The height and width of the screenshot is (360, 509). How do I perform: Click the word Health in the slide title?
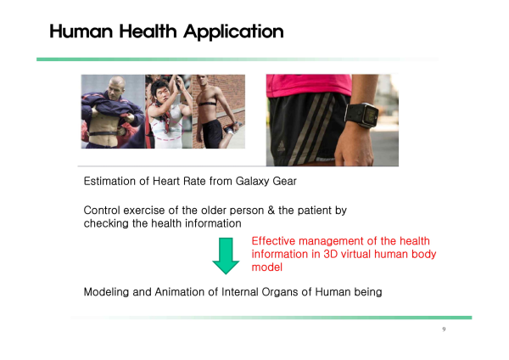click(148, 31)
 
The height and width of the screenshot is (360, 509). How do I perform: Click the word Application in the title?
click(233, 32)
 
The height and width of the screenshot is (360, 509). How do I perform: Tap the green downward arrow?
click(226, 256)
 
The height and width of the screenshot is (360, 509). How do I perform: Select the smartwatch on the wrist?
click(362, 115)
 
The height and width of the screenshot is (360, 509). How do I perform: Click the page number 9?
click(444, 329)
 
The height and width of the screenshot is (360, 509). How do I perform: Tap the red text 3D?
click(331, 254)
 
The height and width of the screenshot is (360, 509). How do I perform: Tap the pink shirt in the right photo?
click(309, 85)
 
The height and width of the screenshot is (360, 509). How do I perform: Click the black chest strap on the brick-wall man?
click(206, 104)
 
